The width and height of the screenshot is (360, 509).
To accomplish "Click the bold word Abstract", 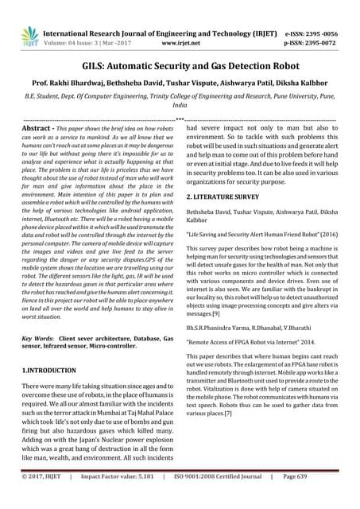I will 37,127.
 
